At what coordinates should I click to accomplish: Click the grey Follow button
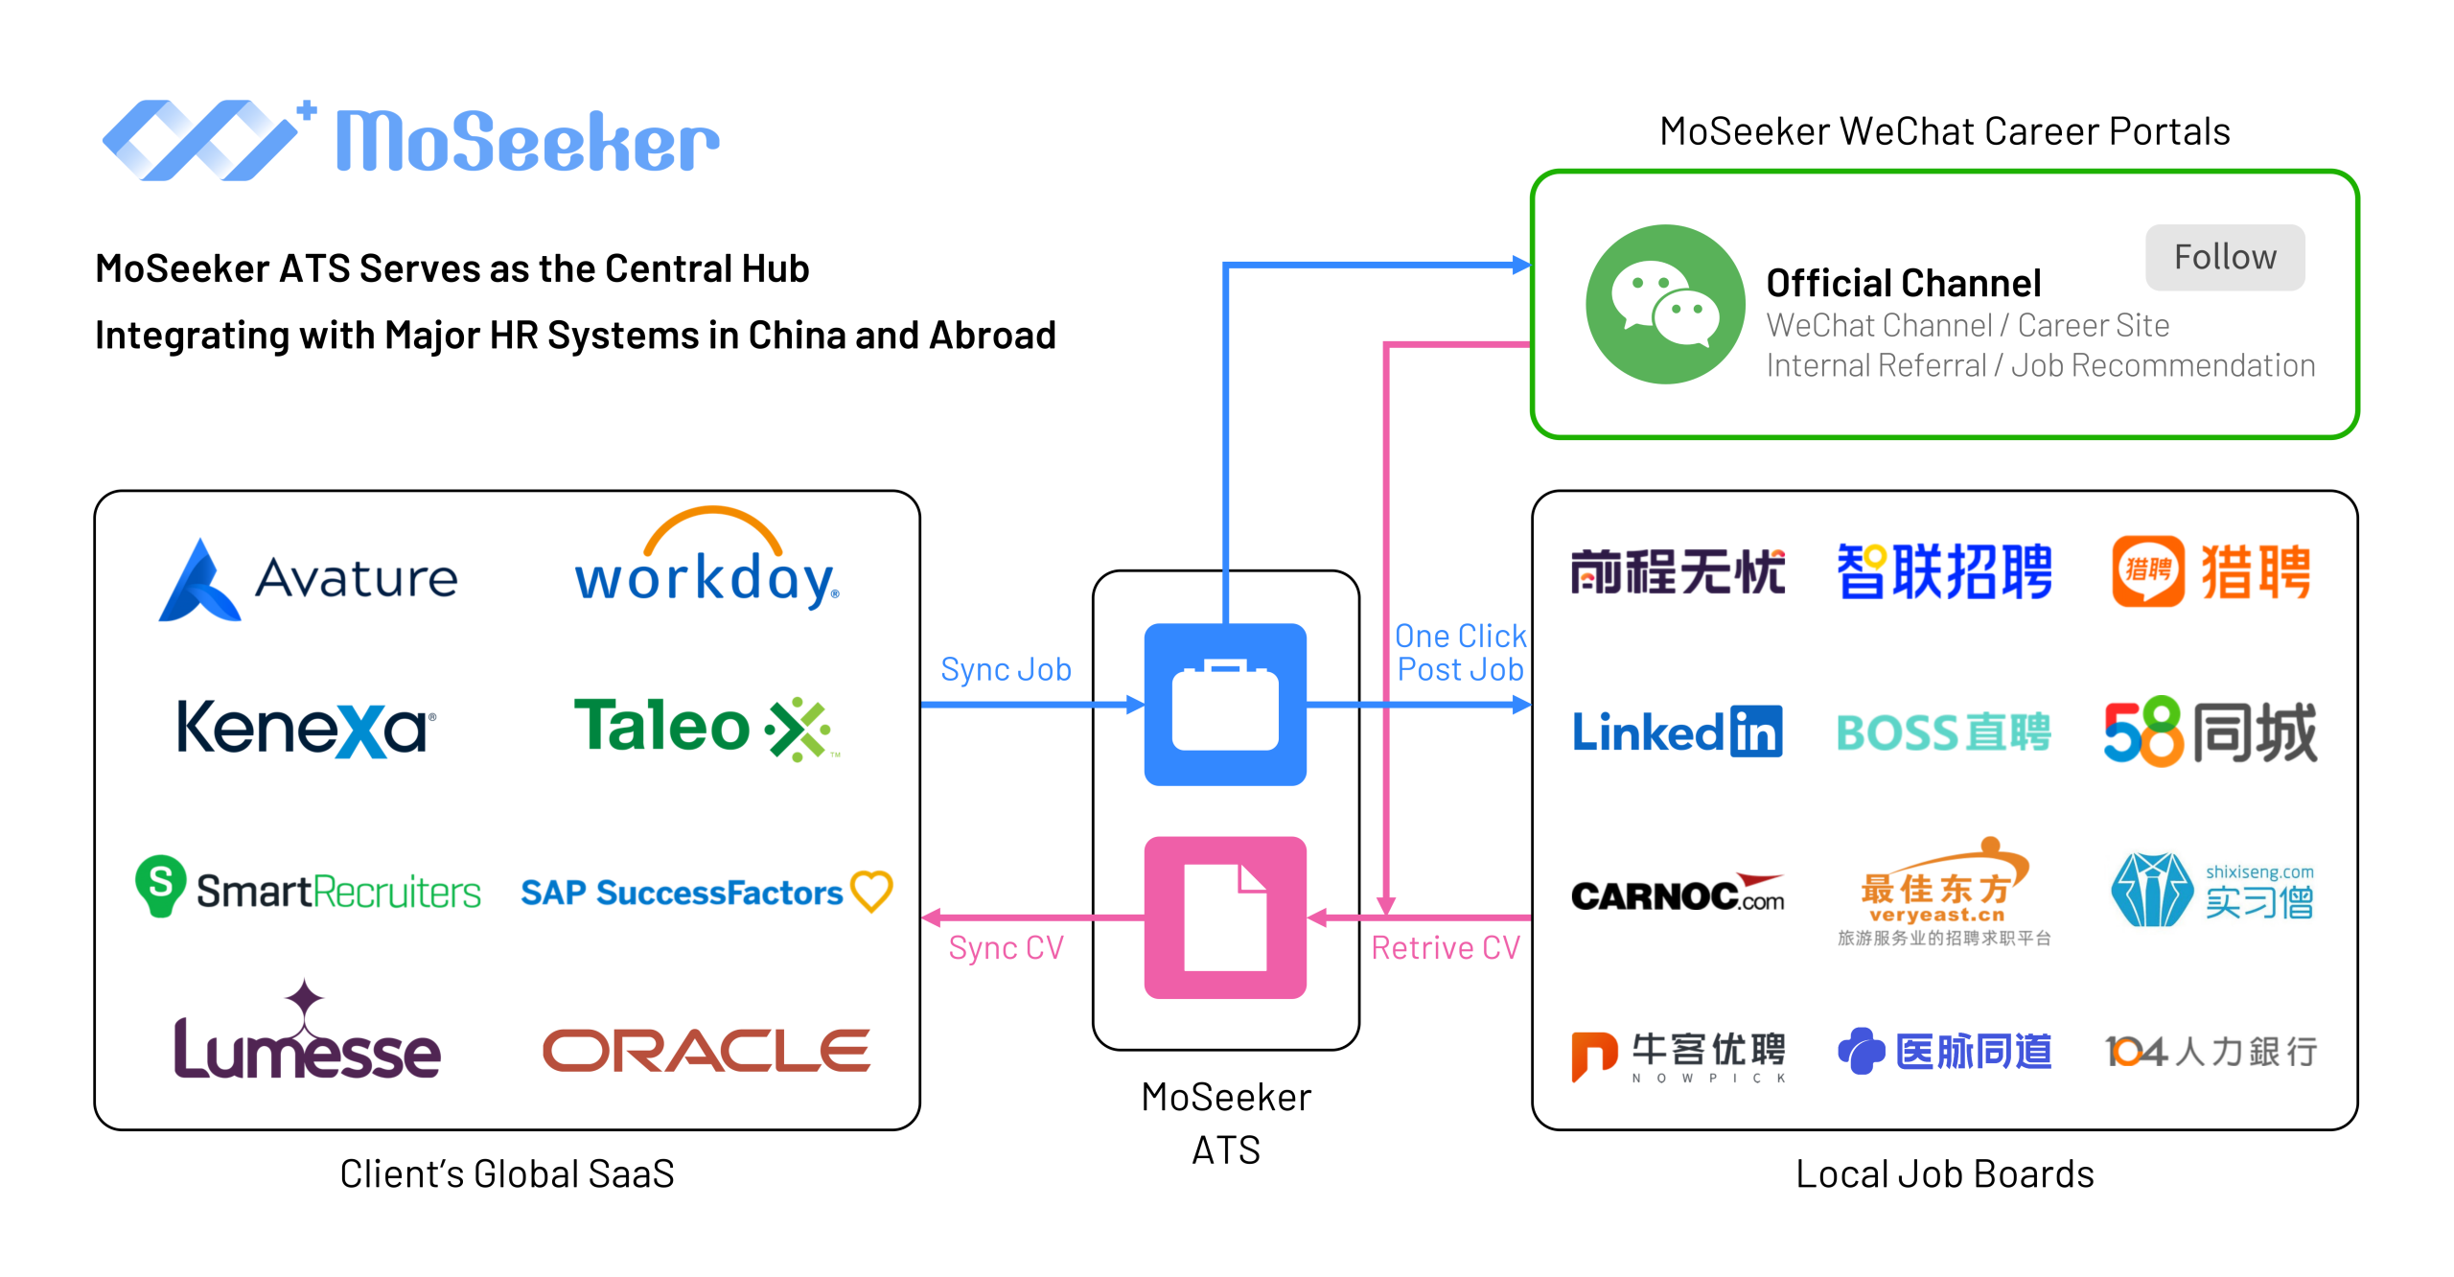pyautogui.click(x=2224, y=257)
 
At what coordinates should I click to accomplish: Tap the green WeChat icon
pyautogui.click(x=1665, y=305)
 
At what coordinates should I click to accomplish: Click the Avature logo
pyautogui.click(x=308, y=579)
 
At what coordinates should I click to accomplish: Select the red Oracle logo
pyautogui.click(x=706, y=1051)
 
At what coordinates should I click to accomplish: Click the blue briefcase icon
pyautogui.click(x=1225, y=705)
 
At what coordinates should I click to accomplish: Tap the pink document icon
pyautogui.click(x=1225, y=917)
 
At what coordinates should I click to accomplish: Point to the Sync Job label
pyautogui.click(x=1006, y=669)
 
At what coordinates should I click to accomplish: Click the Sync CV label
pyautogui.click(x=1006, y=947)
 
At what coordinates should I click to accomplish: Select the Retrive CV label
pyautogui.click(x=1446, y=947)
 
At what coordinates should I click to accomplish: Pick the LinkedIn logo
pyautogui.click(x=1677, y=732)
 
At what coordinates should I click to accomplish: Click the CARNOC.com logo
pyautogui.click(x=1677, y=894)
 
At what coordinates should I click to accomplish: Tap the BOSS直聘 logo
pyautogui.click(x=1943, y=732)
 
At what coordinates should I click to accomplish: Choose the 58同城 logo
pyautogui.click(x=2210, y=732)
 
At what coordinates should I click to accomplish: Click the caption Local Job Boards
pyautogui.click(x=1944, y=1173)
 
